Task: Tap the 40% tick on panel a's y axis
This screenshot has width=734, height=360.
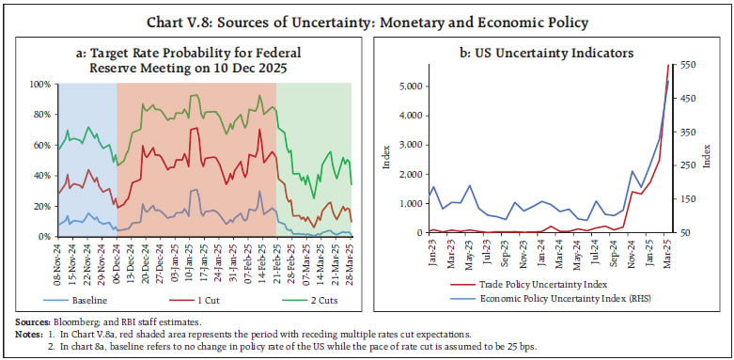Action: [40, 176]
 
